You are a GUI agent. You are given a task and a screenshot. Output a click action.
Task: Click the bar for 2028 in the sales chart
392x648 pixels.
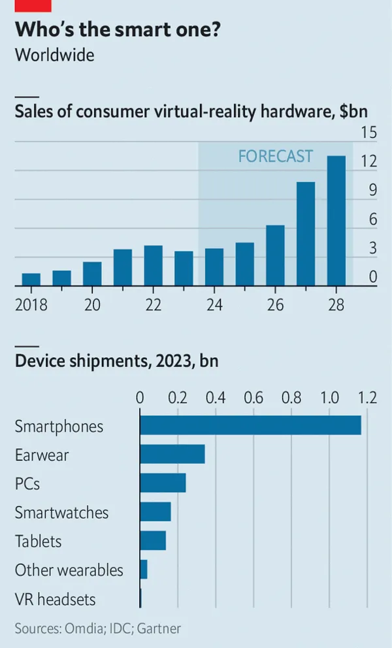click(x=336, y=221)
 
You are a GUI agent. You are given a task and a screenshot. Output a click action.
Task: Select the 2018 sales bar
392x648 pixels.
click(x=31, y=280)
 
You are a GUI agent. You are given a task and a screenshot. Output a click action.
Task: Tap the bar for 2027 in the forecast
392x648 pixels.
click(x=306, y=234)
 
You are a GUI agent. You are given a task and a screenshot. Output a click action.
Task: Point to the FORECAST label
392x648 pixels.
click(x=275, y=157)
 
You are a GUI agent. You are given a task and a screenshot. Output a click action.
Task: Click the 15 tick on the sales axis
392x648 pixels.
click(x=369, y=133)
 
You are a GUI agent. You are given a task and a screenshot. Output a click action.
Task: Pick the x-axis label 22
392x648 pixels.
click(x=153, y=305)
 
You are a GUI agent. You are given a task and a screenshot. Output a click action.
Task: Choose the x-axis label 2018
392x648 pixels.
click(x=31, y=305)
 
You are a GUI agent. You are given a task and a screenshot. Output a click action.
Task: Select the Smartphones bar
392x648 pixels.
click(x=250, y=425)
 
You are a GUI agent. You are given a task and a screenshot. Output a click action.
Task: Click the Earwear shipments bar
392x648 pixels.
click(x=172, y=454)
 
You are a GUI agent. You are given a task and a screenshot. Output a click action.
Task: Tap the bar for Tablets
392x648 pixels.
click(x=153, y=540)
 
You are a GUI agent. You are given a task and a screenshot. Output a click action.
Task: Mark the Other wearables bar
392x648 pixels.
click(x=144, y=569)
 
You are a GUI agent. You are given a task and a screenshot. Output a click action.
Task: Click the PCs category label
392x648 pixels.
click(x=27, y=484)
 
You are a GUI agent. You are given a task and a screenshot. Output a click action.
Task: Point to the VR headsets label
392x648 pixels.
click(x=56, y=599)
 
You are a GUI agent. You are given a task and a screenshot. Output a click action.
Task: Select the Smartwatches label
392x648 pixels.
click(x=62, y=513)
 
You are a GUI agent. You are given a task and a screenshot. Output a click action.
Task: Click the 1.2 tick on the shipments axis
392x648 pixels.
click(x=367, y=397)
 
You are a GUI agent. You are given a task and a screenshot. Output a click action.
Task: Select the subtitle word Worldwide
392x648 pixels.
click(x=55, y=55)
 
